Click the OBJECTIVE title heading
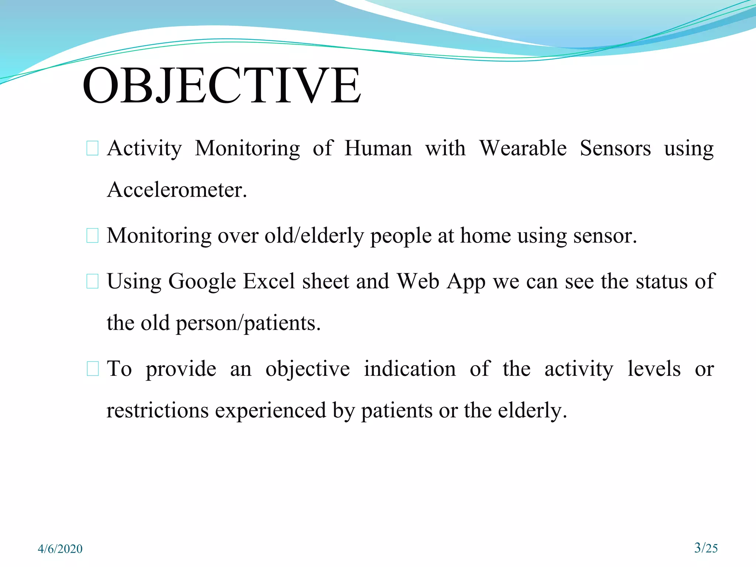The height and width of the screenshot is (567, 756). tap(221, 86)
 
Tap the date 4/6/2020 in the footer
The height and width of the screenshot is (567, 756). tap(60, 549)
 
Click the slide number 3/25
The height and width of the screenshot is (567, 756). tap(706, 547)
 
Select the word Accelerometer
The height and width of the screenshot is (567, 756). tap(176, 190)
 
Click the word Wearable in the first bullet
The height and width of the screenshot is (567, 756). tap(523, 148)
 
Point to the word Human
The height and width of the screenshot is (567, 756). tap(378, 148)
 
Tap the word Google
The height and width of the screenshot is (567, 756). tap(202, 281)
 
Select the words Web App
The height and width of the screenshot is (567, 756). tap(441, 281)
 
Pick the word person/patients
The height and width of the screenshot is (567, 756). tap(248, 323)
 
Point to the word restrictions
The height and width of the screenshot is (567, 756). tap(157, 410)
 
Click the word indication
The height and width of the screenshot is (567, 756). tap(410, 369)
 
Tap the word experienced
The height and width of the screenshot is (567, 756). tap(271, 410)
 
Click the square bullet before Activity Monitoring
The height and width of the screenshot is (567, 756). tap(92, 148)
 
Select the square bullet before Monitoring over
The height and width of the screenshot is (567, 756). tap(92, 236)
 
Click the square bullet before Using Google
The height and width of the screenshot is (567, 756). tap(92, 281)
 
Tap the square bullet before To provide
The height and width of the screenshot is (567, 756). tap(92, 369)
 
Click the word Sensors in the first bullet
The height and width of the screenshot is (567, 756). tap(615, 148)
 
